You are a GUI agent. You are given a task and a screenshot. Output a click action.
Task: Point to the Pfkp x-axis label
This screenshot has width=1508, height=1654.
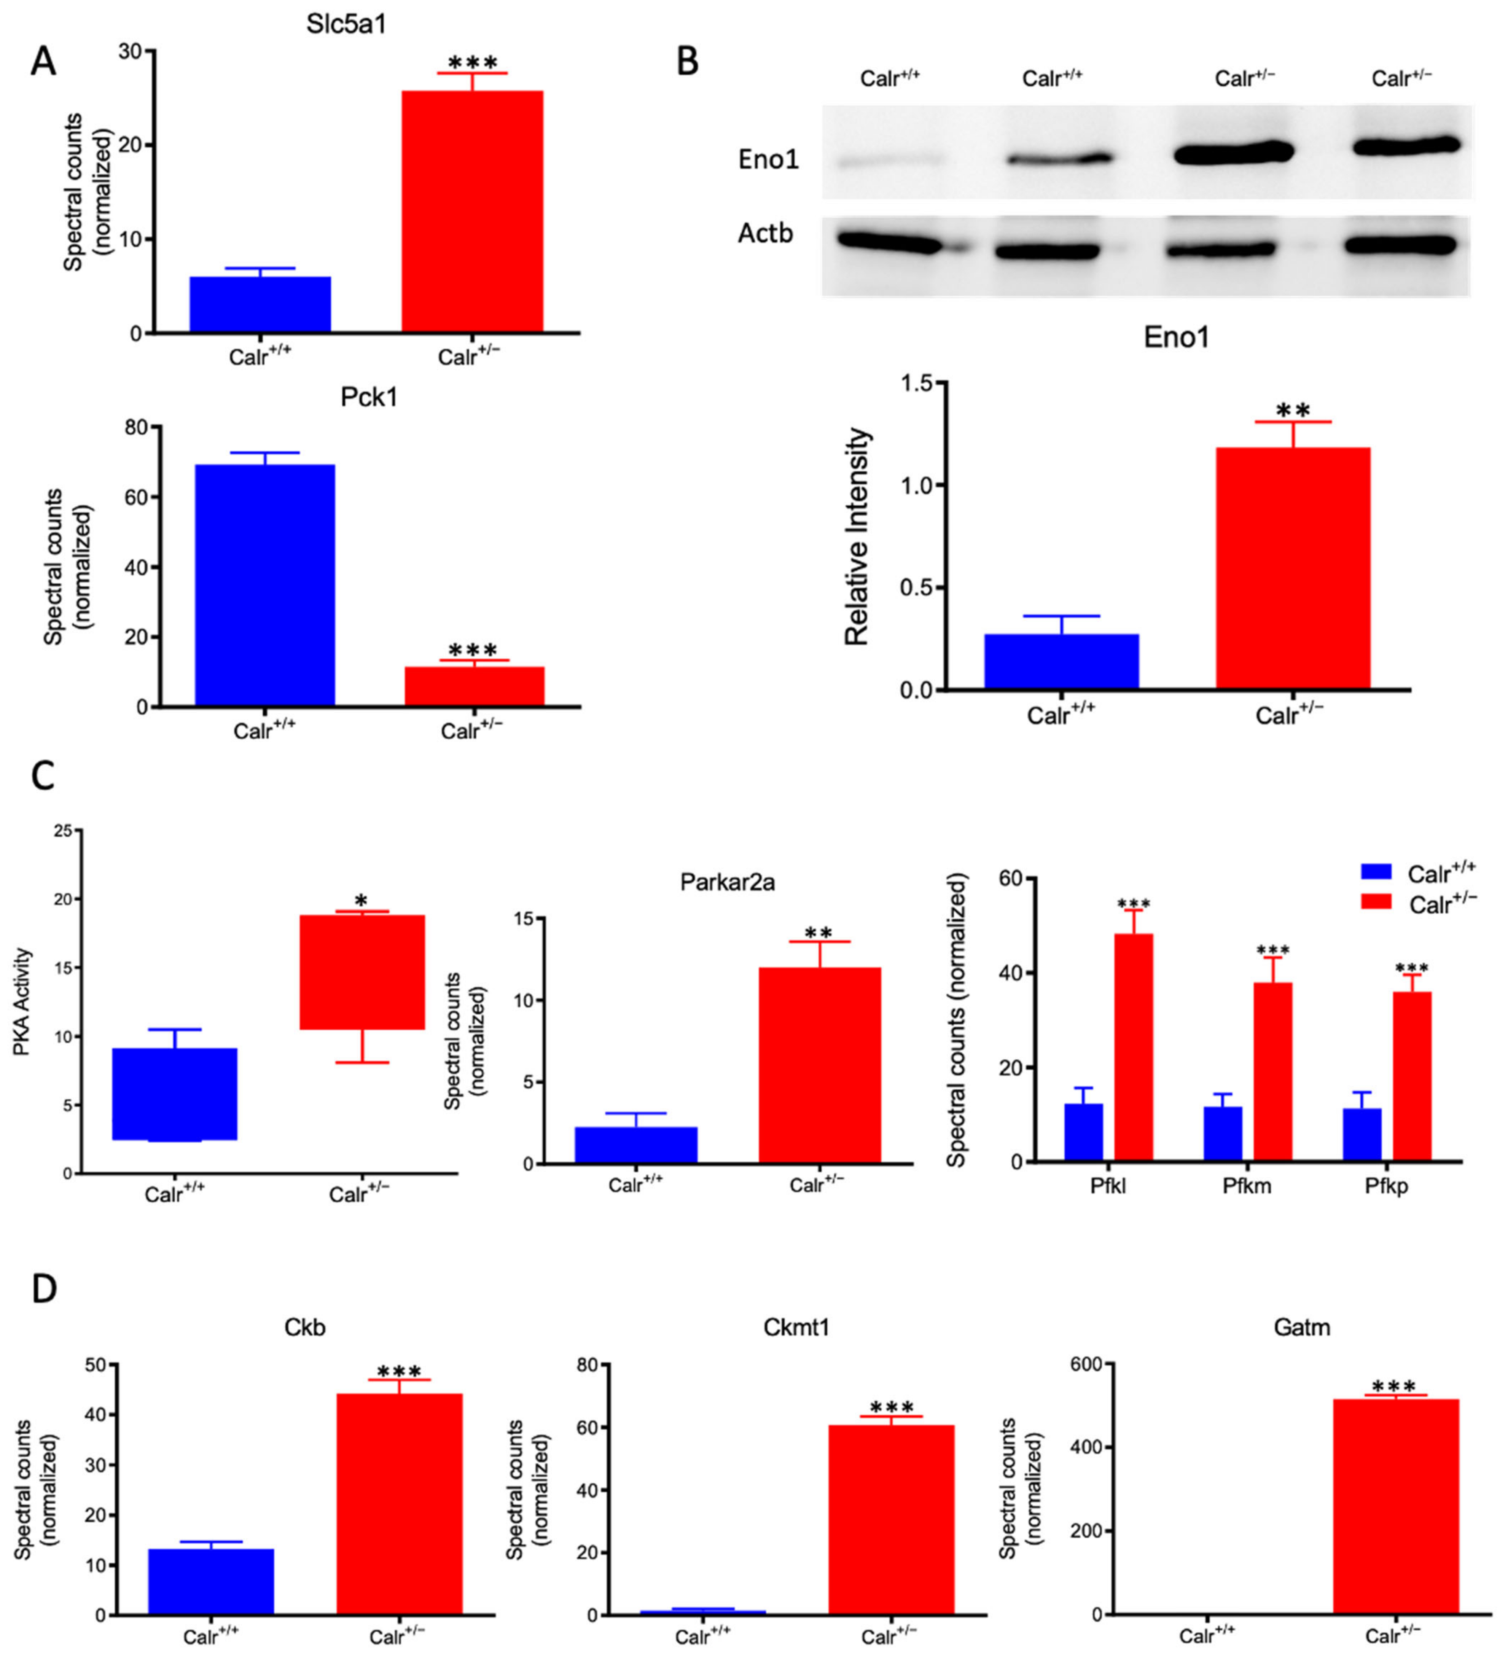(1387, 1186)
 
